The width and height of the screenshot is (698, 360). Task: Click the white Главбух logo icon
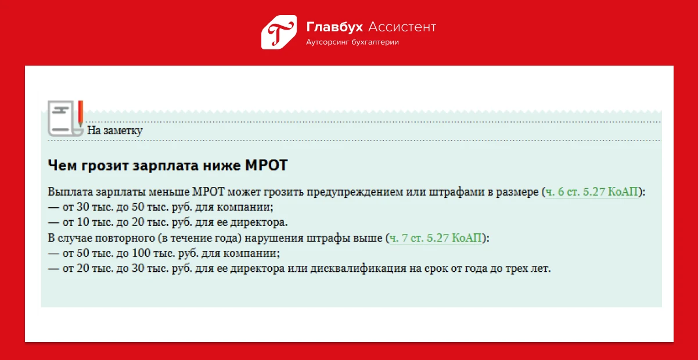[x=279, y=32]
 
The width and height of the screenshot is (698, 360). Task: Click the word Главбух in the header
[x=334, y=27]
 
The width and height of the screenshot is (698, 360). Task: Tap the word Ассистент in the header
[x=402, y=27]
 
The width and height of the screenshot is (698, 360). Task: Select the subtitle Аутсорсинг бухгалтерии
[x=352, y=42]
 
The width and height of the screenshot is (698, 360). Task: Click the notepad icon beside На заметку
[x=66, y=118]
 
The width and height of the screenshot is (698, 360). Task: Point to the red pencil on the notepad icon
[x=80, y=113]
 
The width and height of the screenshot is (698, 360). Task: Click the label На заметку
[x=114, y=130]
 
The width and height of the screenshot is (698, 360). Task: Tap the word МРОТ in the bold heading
[x=266, y=165]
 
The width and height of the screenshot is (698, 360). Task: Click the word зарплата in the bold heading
[x=165, y=165]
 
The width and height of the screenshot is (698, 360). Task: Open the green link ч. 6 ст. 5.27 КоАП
[x=592, y=192]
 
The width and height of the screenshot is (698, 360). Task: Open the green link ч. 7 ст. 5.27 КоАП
[x=436, y=238]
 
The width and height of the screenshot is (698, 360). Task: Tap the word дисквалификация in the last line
[x=358, y=268]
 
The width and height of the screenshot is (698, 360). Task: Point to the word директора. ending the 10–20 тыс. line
[x=259, y=222]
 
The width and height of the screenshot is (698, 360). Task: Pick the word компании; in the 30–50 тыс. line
[x=245, y=207]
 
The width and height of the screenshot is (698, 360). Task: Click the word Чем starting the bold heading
[x=62, y=165]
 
